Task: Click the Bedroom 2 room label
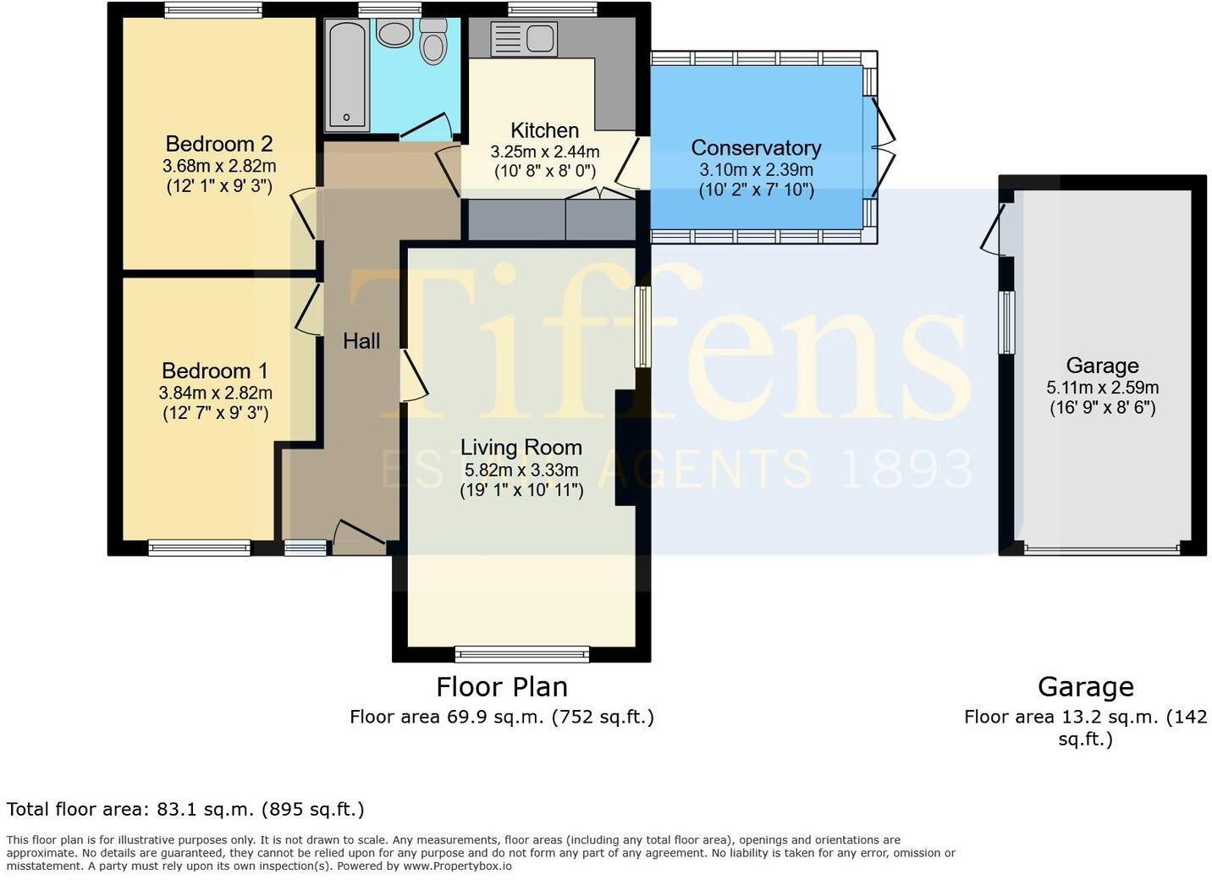pyautogui.click(x=218, y=143)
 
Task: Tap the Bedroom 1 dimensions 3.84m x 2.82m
pyautogui.click(x=215, y=393)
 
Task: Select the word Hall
pyautogui.click(x=361, y=341)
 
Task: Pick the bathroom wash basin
pyautogui.click(x=394, y=34)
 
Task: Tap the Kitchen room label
pyautogui.click(x=544, y=130)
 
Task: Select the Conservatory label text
pyautogui.click(x=756, y=147)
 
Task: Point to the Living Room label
pyautogui.click(x=521, y=447)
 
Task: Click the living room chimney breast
pyautogui.click(x=626, y=448)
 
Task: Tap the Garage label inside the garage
pyautogui.click(x=1102, y=366)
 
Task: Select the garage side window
pyautogui.click(x=1006, y=322)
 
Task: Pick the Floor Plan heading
pyautogui.click(x=501, y=686)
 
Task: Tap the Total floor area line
pyautogui.click(x=185, y=809)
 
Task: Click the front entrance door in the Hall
pyautogui.click(x=359, y=535)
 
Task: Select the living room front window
pyautogui.click(x=522, y=653)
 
